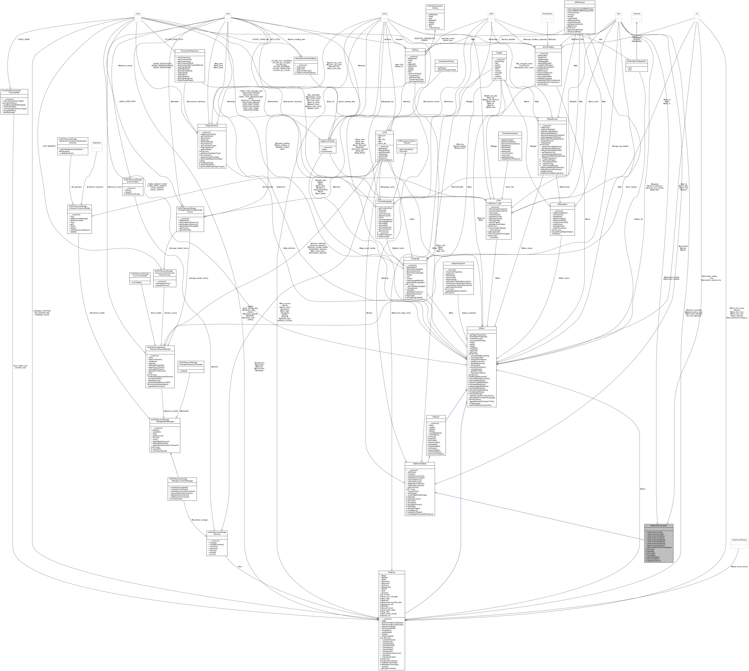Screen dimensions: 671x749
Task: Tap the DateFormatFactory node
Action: pyautogui.click(x=739, y=540)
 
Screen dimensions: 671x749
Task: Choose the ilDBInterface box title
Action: pyautogui.click(x=580, y=2)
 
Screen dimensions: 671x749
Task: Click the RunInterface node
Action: pyautogui.click(x=547, y=14)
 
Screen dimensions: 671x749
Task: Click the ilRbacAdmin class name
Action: pyautogui.click(x=562, y=204)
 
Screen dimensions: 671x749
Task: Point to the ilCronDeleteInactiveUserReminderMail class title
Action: pyautogui.click(x=14, y=91)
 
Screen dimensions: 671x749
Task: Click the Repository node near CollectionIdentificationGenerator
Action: pyautogui.click(x=96, y=143)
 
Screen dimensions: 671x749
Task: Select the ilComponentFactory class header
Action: pyautogui.click(x=446, y=62)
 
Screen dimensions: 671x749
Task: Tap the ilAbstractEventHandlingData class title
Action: pyautogui.click(x=305, y=58)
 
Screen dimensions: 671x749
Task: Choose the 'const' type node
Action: pyautogui.click(x=138, y=14)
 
